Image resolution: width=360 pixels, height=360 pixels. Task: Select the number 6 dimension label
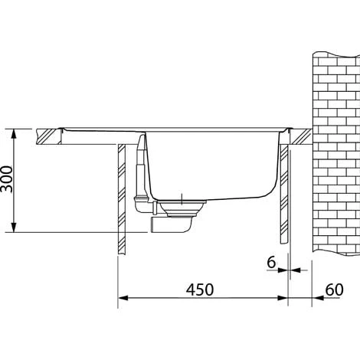pyautogui.click(x=270, y=262)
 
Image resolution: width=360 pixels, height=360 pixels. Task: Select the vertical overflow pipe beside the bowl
pyautogui.click(x=141, y=172)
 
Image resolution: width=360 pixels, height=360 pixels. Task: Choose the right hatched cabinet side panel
pyautogui.click(x=285, y=195)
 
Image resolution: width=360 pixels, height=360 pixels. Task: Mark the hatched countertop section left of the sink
pyautogui.click(x=49, y=137)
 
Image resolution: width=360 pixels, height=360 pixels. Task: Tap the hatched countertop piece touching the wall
pyautogui.click(x=300, y=136)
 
